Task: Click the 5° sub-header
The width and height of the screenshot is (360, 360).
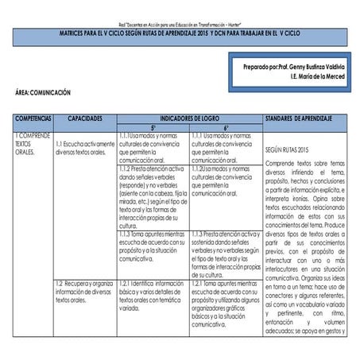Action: point(153,127)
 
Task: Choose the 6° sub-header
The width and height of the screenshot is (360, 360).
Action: point(226,127)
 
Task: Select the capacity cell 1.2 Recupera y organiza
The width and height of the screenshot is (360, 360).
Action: point(84,292)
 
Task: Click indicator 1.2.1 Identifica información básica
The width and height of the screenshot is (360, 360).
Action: point(153,292)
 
